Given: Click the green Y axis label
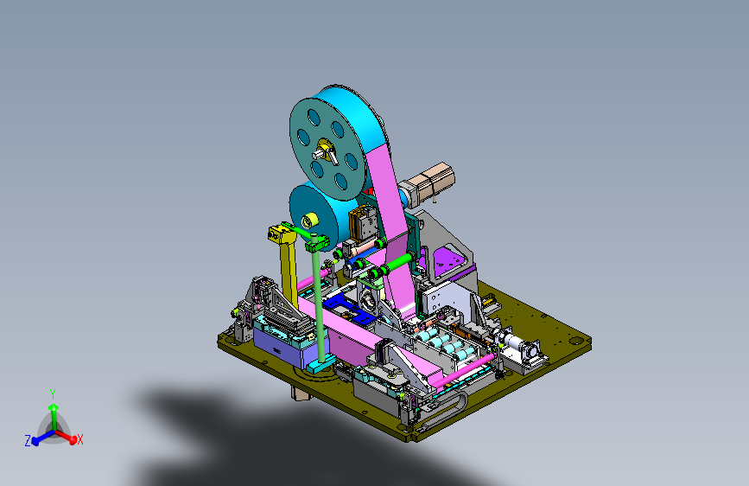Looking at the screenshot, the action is [53, 394].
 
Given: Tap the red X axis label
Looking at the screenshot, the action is [79, 439].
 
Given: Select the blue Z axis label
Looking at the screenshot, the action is [28, 440].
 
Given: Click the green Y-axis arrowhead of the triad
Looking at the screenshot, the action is [54, 407].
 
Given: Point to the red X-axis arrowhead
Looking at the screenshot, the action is [73, 439].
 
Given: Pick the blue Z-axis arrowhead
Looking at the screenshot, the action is [35, 442].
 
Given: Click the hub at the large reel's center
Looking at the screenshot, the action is [326, 151].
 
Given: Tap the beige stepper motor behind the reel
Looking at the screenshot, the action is [428, 185].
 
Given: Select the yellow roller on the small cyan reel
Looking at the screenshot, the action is [309, 221].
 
